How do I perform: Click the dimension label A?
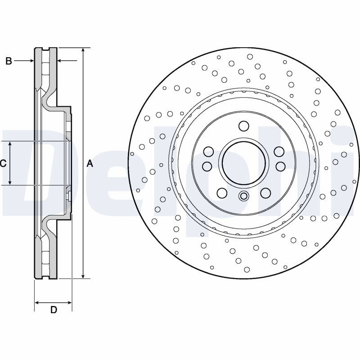(90, 164)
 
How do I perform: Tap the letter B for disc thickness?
(9, 61)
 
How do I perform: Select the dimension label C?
(3, 163)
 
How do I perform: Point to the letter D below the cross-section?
(54, 310)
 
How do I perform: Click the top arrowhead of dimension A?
(83, 50)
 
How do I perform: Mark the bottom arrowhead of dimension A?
(83, 276)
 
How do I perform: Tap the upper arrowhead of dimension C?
(10, 144)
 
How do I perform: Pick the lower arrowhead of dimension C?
(10, 182)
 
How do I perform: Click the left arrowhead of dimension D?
(37, 303)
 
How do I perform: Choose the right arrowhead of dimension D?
(69, 303)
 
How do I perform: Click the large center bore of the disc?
(243, 163)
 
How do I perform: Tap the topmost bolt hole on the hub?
(243, 126)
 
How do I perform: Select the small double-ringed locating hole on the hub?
(243, 196)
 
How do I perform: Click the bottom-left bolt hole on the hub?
(222, 193)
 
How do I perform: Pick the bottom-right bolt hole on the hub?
(265, 193)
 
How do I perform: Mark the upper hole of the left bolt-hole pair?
(209, 152)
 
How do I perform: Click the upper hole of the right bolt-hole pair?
(279, 152)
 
